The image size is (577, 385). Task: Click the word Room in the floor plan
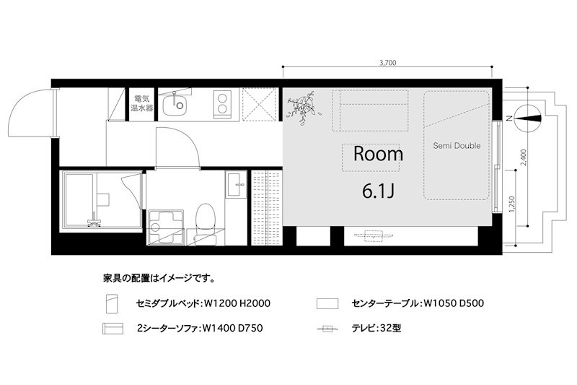(378, 154)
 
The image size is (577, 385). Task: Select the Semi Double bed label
(457, 146)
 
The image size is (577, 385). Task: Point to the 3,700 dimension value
(387, 63)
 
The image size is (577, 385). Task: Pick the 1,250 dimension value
(512, 206)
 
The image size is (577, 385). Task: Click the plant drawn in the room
(302, 106)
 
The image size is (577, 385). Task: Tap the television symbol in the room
(374, 234)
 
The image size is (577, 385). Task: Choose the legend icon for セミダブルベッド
(109, 302)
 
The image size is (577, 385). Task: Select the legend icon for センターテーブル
(327, 302)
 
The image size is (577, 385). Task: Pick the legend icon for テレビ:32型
(327, 329)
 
